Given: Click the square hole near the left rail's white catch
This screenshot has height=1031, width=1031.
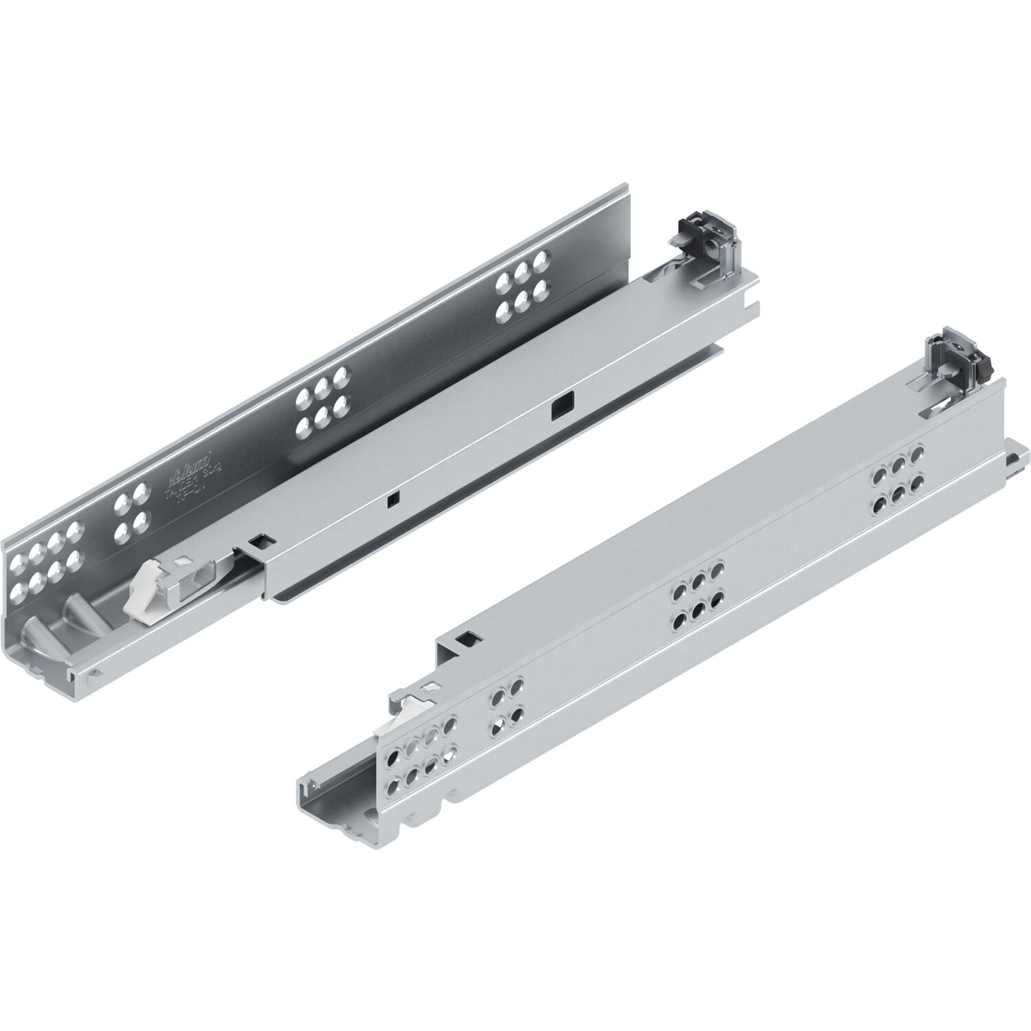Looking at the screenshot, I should pyautogui.click(x=260, y=542).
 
